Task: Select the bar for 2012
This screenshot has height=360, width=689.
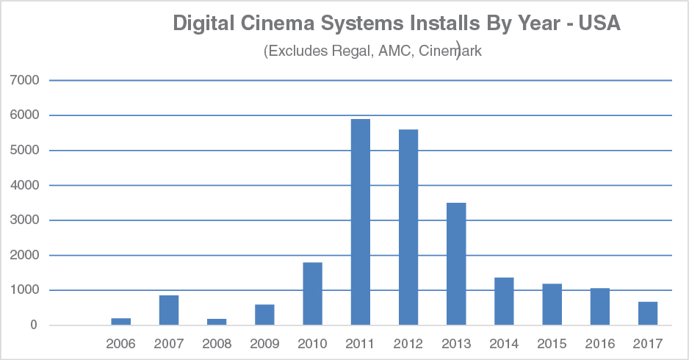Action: coord(408,227)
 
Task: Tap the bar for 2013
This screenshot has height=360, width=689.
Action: coord(455,264)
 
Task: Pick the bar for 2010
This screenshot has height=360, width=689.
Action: coord(312,294)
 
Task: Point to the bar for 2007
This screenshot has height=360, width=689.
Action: coord(169,310)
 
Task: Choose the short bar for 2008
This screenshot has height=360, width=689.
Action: coord(217,322)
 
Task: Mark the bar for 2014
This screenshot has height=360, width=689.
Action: coord(504,301)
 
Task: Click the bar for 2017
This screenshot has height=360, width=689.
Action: coord(647,314)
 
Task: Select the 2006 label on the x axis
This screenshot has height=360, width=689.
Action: coord(121,343)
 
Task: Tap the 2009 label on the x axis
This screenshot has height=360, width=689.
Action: coord(264,343)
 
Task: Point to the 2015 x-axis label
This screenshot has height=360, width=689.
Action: coord(552,343)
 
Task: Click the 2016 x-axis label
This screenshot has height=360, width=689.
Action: coord(599,343)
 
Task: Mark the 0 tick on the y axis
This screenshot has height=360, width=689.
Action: coord(33,325)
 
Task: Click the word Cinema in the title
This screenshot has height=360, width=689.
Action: coord(280,24)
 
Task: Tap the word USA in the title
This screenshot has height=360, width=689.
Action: coord(600,24)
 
